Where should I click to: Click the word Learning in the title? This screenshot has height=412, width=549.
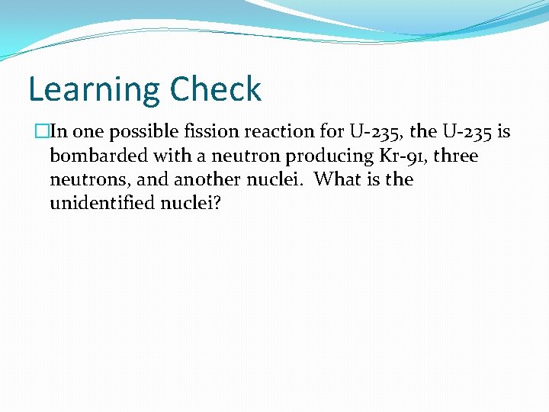pyautogui.click(x=93, y=90)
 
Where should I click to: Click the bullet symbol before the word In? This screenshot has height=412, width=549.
pyautogui.click(x=40, y=132)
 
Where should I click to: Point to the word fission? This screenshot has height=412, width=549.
pyautogui.click(x=209, y=132)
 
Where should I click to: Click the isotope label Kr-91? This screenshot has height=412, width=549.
pyautogui.click(x=394, y=156)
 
